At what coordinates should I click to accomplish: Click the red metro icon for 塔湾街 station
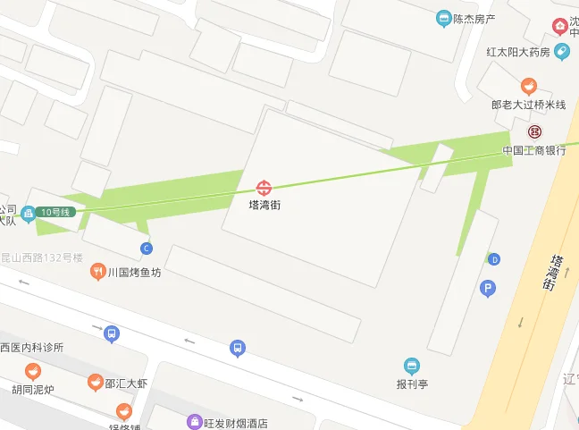[264, 188]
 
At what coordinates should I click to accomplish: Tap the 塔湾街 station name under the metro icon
[264, 205]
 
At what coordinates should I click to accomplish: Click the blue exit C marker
[147, 248]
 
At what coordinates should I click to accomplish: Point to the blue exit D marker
[494, 259]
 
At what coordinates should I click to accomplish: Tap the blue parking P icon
[488, 288]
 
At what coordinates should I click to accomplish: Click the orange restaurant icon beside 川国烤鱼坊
[98, 273]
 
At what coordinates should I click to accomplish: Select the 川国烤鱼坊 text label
[135, 273]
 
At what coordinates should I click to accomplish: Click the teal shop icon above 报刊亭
[411, 366]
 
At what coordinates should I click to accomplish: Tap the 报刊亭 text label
[412, 384]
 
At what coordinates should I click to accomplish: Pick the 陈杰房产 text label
[474, 18]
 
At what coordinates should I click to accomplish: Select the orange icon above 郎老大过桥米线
[529, 87]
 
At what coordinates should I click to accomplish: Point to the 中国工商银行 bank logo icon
[534, 131]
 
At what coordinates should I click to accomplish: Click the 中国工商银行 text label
[534, 149]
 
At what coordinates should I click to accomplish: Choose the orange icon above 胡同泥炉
[33, 371]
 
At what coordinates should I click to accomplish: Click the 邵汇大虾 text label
[126, 384]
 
